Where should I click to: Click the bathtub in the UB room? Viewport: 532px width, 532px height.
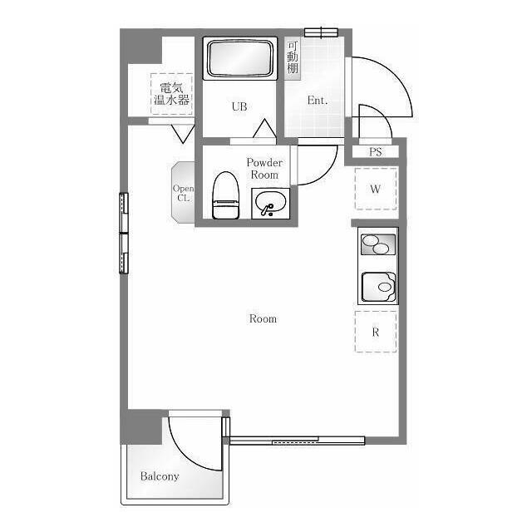(x=240, y=58)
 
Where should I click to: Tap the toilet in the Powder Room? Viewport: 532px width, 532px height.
(x=225, y=195)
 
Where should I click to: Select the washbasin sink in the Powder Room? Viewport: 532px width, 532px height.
(x=270, y=204)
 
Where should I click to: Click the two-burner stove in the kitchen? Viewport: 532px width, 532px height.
(x=378, y=244)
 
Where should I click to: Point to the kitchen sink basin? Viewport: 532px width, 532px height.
(x=378, y=287)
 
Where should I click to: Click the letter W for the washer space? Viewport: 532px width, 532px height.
(x=375, y=189)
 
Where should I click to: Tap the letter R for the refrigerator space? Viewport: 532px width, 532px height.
(x=375, y=332)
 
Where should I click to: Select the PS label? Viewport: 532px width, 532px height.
(x=375, y=151)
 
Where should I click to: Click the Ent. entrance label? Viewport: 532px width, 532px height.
(x=318, y=100)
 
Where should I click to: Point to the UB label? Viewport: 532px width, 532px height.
(x=239, y=106)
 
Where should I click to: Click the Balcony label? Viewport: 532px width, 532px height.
(x=160, y=476)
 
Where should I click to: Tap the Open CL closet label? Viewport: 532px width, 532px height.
(x=183, y=193)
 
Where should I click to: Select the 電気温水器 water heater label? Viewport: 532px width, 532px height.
(x=172, y=94)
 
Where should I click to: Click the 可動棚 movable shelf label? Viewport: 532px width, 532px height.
(x=293, y=57)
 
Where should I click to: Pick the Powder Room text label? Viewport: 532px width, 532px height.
(x=264, y=169)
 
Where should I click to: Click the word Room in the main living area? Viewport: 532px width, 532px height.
(x=263, y=318)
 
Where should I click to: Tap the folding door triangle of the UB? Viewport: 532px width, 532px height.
(x=264, y=128)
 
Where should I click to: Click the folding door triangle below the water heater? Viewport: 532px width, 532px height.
(x=183, y=134)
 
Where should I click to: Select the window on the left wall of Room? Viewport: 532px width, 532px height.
(x=124, y=233)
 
